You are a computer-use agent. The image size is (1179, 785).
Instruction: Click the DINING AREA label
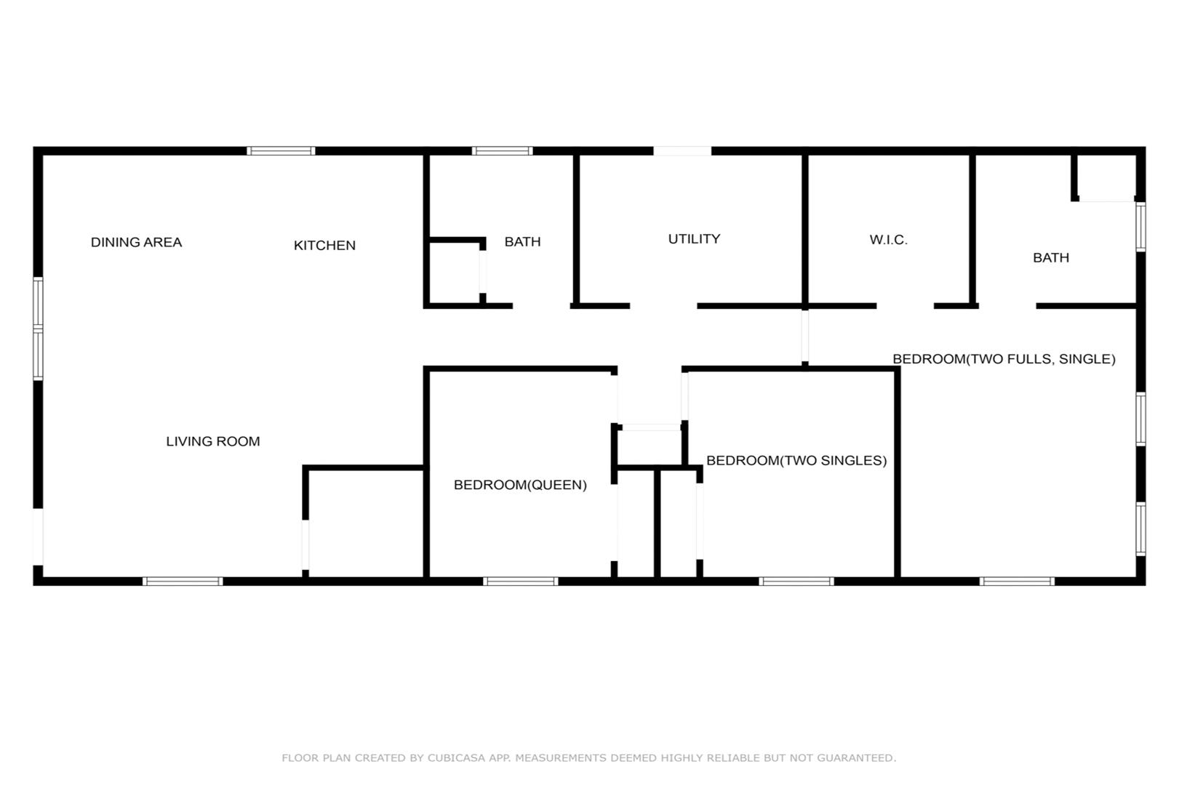pyautogui.click(x=136, y=242)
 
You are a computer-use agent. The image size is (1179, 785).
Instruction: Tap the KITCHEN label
pyautogui.click(x=324, y=245)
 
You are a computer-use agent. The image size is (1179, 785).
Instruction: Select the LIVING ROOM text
pyautogui.click(x=213, y=441)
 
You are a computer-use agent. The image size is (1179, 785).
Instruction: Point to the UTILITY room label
pyautogui.click(x=695, y=239)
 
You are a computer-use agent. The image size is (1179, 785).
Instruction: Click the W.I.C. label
pyautogui.click(x=889, y=240)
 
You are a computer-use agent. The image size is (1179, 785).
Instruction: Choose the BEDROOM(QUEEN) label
pyautogui.click(x=520, y=485)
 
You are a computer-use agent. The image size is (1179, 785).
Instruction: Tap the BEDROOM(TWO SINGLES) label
pyautogui.click(x=796, y=460)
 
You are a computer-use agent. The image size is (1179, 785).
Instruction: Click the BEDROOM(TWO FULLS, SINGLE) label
pyautogui.click(x=1004, y=359)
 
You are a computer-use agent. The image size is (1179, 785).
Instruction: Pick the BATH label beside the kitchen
pyautogui.click(x=523, y=241)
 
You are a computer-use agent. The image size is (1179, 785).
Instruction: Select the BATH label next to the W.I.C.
pyautogui.click(x=1051, y=258)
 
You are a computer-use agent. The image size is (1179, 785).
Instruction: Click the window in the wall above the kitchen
pyautogui.click(x=281, y=151)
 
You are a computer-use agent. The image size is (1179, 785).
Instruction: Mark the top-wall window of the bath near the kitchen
pyautogui.click(x=502, y=151)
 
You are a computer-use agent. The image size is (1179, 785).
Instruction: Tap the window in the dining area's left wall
pyautogui.click(x=38, y=329)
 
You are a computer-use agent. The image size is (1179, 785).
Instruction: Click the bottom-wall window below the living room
pyautogui.click(x=183, y=581)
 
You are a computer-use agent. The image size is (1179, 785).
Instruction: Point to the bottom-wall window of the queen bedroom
pyautogui.click(x=521, y=581)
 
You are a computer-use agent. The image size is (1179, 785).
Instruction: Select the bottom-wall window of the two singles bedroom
pyautogui.click(x=796, y=581)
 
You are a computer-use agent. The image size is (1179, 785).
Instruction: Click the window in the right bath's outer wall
pyautogui.click(x=1140, y=228)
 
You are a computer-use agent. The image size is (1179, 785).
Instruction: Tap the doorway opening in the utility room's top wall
pyautogui.click(x=682, y=151)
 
